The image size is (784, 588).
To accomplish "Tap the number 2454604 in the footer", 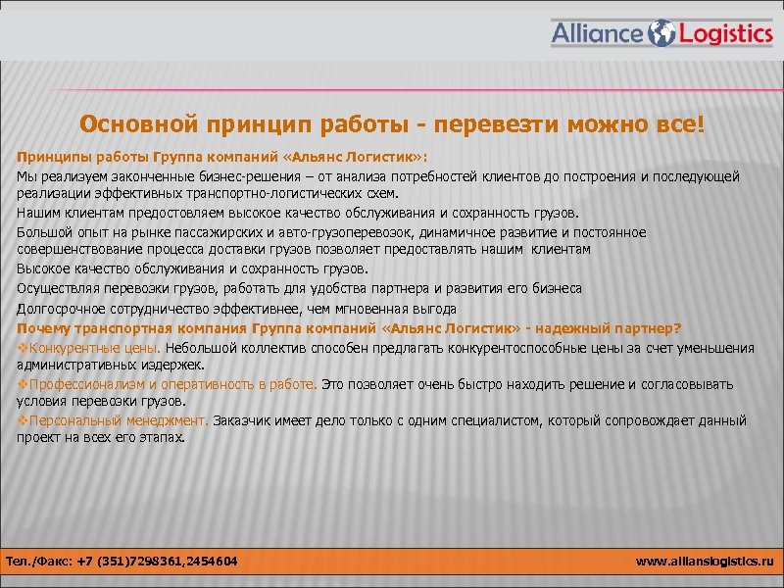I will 208,562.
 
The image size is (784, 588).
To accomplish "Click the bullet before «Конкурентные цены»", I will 23,348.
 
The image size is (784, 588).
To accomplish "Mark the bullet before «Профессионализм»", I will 23,384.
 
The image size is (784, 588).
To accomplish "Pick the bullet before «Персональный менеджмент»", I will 23,420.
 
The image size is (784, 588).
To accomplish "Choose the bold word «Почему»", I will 45,327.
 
